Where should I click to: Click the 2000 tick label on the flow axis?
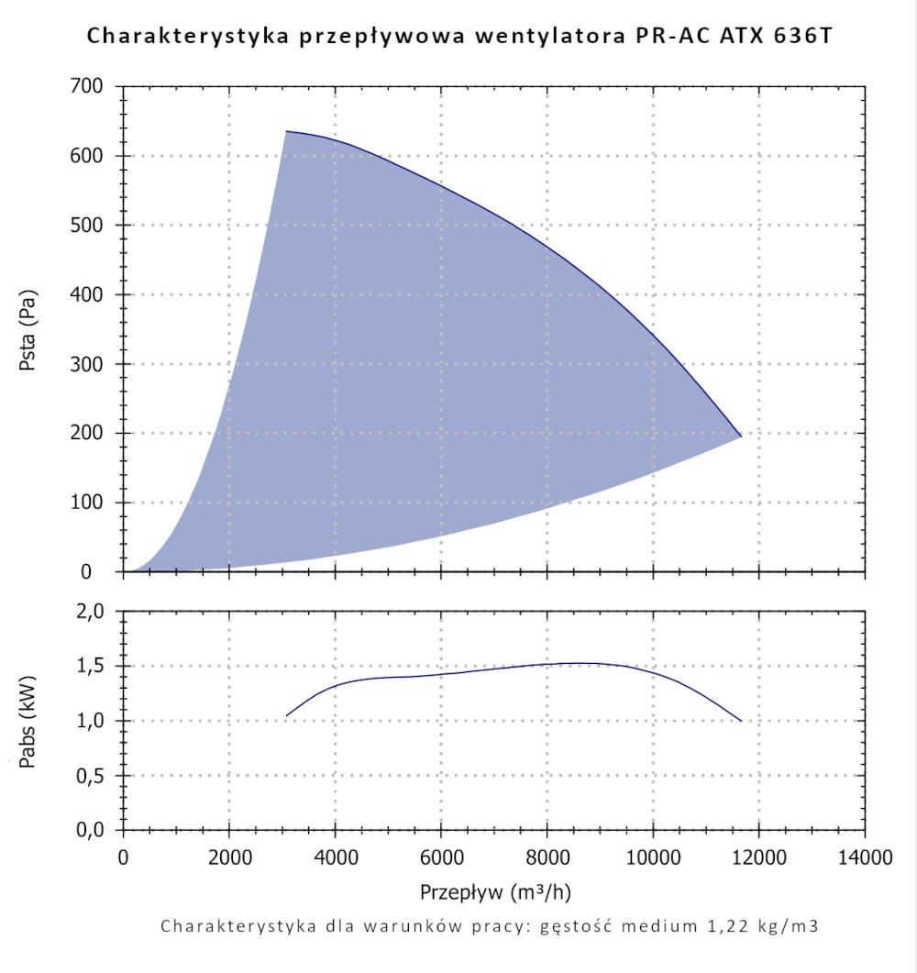coord(229,857)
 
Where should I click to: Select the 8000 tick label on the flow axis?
coord(547,857)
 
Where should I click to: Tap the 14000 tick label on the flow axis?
coord(864,857)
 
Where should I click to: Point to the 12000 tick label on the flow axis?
coord(758,857)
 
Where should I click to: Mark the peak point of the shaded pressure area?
coord(286,131)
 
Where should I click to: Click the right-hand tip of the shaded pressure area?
coord(741,437)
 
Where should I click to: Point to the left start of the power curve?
coord(286,715)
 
